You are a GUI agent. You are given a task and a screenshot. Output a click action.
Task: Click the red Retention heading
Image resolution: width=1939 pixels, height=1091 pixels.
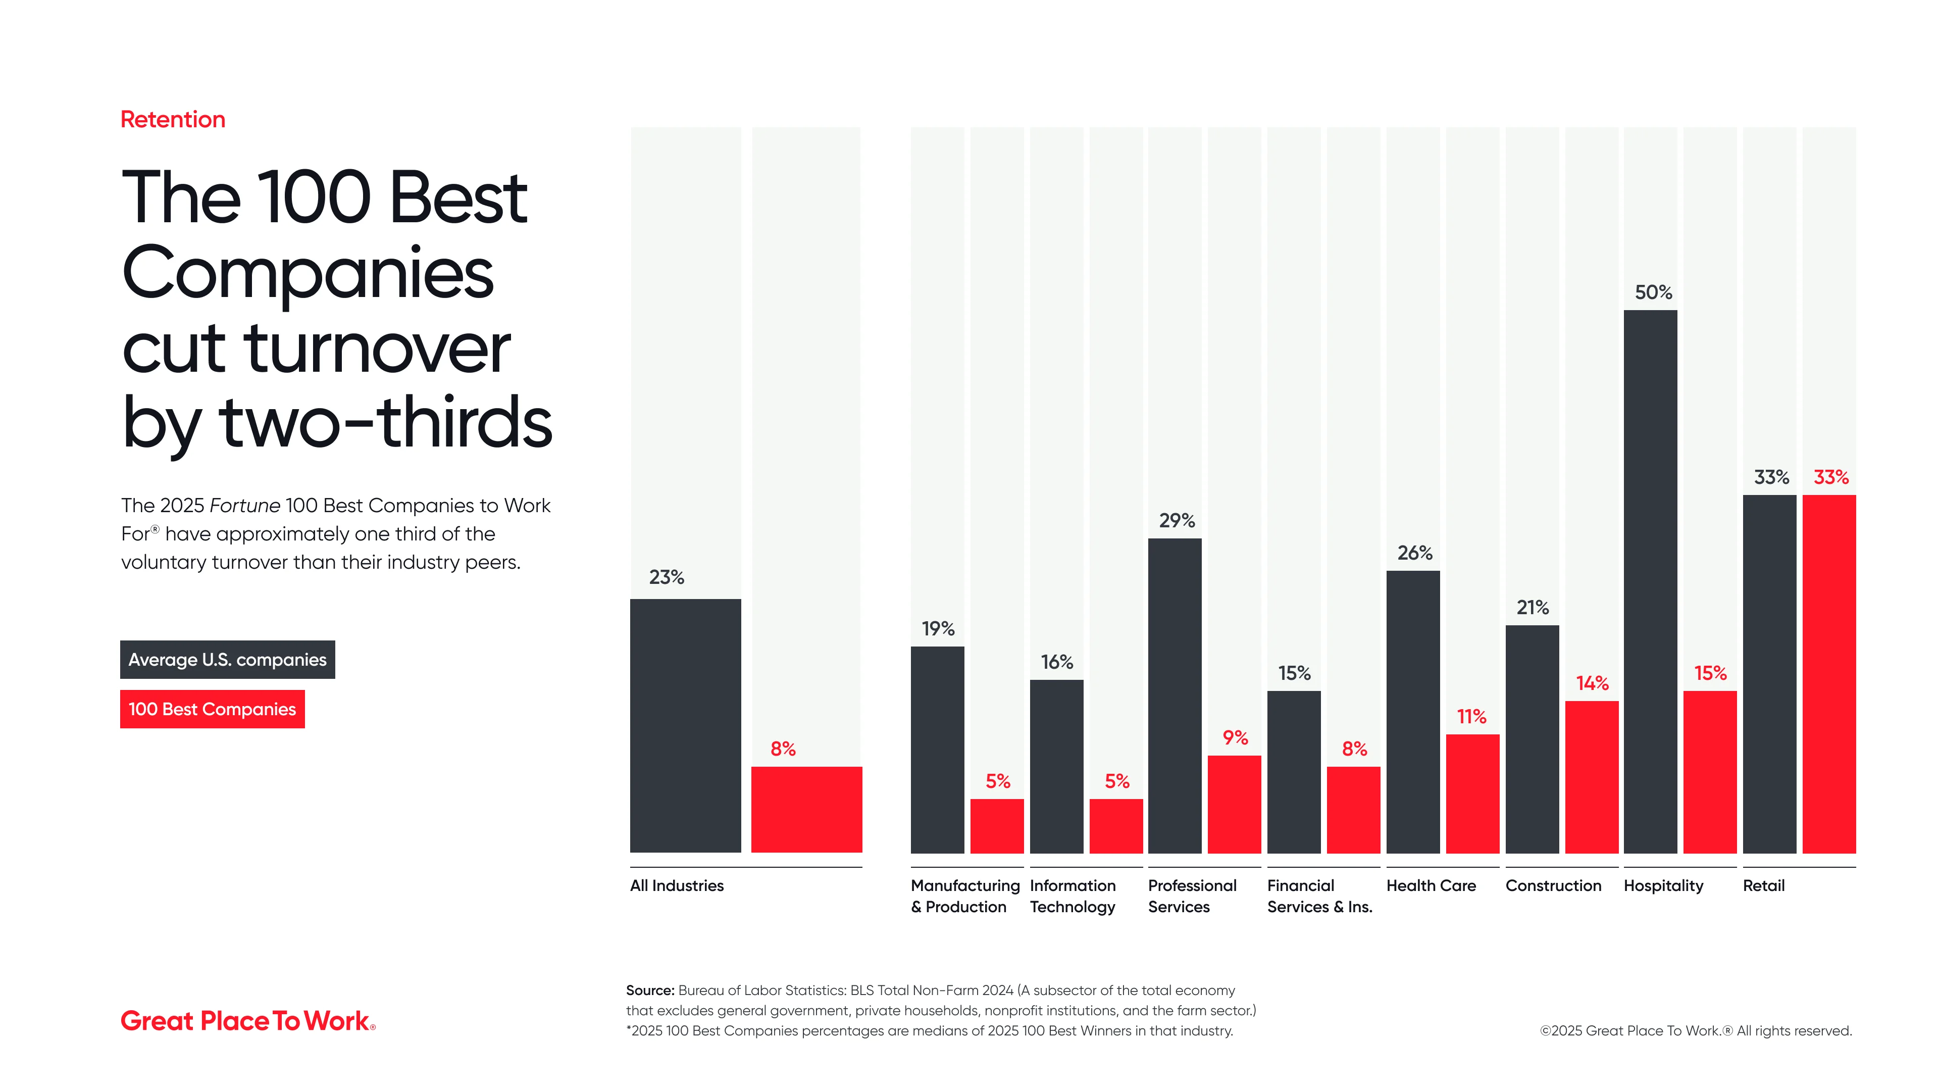pyautogui.click(x=172, y=120)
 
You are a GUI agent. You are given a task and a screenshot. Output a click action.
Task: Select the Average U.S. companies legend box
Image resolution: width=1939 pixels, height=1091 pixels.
pyautogui.click(x=227, y=660)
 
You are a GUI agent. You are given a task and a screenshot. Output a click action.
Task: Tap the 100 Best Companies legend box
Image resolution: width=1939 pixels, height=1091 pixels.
pyautogui.click(x=212, y=709)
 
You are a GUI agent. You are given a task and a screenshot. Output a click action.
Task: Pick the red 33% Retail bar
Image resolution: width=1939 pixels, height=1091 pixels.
pyautogui.click(x=1828, y=674)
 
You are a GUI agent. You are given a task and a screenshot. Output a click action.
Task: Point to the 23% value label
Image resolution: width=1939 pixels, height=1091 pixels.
pyautogui.click(x=666, y=577)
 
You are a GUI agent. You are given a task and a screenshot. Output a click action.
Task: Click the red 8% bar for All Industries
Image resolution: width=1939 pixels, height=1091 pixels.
pyautogui.click(x=806, y=809)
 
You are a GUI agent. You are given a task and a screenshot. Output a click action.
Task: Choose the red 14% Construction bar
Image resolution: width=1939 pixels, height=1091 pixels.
pyautogui.click(x=1591, y=776)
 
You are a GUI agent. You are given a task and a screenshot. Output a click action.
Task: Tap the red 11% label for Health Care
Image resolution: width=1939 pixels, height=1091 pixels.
pyautogui.click(x=1471, y=716)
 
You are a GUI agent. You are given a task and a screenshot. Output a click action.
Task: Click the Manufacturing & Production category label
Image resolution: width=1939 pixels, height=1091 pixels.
pyautogui.click(x=964, y=896)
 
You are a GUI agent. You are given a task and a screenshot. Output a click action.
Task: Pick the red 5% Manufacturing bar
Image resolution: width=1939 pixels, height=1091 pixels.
pyautogui.click(x=997, y=826)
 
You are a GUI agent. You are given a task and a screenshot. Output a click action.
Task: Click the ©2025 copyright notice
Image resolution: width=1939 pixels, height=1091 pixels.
pyautogui.click(x=1695, y=1031)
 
